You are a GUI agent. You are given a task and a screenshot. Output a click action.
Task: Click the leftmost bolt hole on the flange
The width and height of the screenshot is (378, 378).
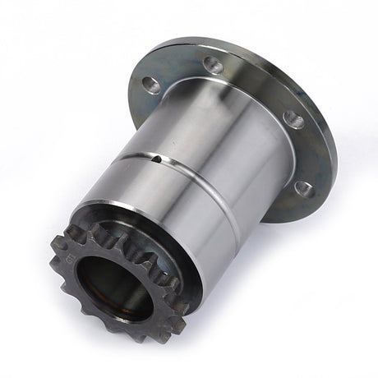point(151,83)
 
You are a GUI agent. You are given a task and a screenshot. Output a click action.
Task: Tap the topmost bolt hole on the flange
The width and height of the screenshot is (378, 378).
point(214,65)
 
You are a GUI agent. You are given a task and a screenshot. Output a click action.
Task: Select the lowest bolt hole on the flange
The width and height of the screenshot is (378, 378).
point(303,188)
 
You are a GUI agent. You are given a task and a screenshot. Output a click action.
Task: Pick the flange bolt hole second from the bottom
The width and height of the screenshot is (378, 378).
point(293,121)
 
